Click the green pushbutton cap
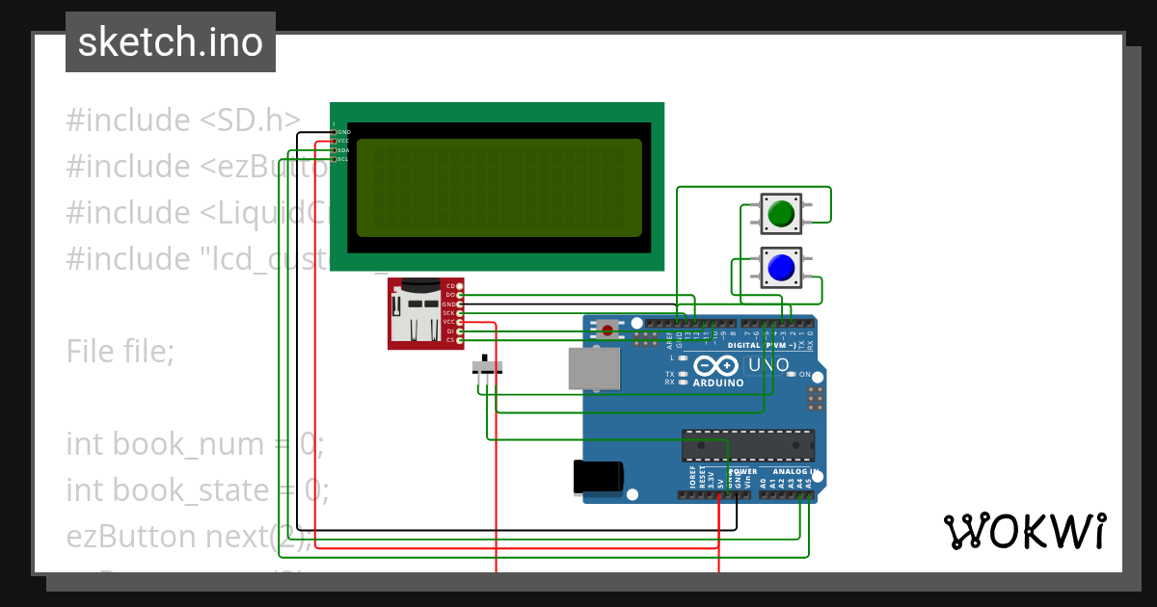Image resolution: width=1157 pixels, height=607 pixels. (781, 213)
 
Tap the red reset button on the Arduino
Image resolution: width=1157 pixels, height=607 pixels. (607, 330)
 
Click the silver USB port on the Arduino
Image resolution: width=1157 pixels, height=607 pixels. (594, 369)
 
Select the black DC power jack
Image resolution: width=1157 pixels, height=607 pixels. (598, 477)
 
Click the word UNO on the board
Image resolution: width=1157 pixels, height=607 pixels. (768, 365)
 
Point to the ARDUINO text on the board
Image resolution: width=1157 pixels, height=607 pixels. (717, 383)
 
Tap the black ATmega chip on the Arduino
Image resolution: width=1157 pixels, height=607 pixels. (747, 445)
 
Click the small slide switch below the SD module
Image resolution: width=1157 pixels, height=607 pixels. (487, 368)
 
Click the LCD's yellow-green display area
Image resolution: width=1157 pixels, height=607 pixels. (498, 188)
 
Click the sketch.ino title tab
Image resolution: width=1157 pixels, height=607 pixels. (171, 42)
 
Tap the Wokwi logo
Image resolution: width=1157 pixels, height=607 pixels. (1024, 531)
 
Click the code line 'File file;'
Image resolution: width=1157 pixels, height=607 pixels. (121, 352)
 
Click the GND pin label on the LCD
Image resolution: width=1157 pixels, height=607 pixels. (343, 132)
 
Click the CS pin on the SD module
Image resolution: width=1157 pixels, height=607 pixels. (449, 340)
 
